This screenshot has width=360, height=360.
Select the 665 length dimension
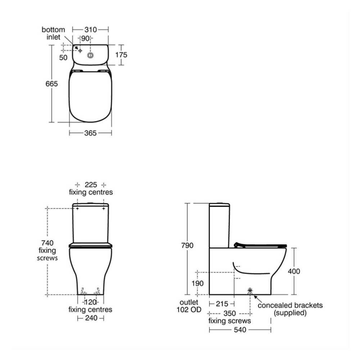pyautogui.click(x=52, y=83)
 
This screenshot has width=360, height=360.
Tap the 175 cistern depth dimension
pyautogui.click(x=121, y=55)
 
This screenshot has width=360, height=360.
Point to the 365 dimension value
pyautogui.click(x=90, y=133)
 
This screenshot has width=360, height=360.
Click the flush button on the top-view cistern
pyautogui.click(x=90, y=55)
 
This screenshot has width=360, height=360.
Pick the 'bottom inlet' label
pyautogui.click(x=53, y=33)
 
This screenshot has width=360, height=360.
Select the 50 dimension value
pyautogui.click(x=64, y=57)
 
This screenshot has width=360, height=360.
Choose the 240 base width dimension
pyautogui.click(x=90, y=318)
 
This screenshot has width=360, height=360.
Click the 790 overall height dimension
pyautogui.click(x=187, y=246)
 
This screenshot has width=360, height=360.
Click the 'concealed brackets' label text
pyautogui.click(x=290, y=305)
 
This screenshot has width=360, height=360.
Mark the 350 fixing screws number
pyautogui.click(x=229, y=313)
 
